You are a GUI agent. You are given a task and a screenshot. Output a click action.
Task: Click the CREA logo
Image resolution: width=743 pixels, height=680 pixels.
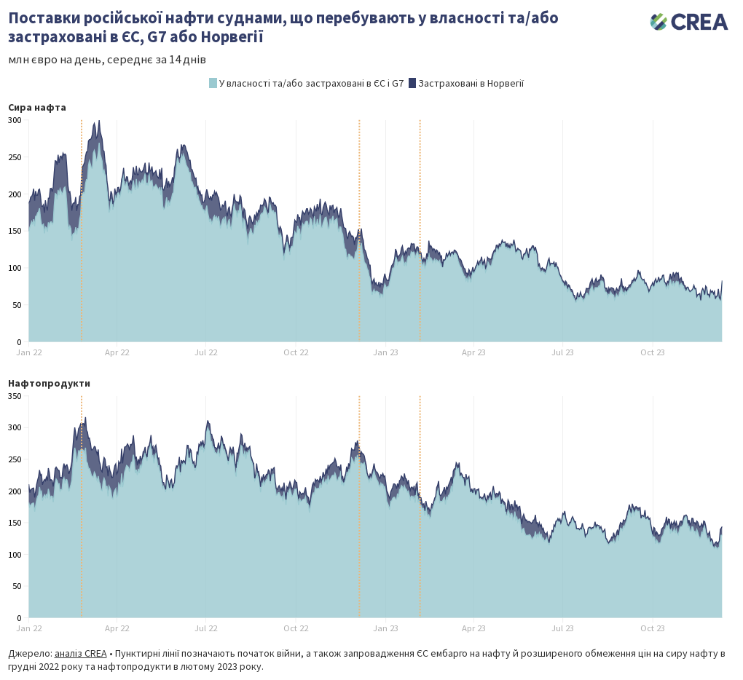tap(688, 22)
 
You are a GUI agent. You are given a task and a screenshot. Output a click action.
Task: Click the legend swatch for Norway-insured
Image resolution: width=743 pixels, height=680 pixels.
tap(412, 83)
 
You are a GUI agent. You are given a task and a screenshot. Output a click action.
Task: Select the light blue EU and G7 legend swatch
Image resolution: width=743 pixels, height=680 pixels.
tap(213, 83)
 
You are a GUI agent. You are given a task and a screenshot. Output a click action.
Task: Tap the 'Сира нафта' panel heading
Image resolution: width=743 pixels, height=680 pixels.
tap(37, 107)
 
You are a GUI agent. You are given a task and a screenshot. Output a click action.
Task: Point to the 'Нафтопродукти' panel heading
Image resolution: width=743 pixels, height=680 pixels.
tap(49, 382)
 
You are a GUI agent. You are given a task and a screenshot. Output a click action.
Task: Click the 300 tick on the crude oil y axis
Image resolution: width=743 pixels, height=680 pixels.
tap(15, 120)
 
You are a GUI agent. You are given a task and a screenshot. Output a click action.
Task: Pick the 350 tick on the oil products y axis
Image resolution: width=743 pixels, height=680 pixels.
tap(15, 396)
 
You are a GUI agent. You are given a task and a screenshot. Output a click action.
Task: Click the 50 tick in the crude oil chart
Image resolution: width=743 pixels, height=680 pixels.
tap(17, 305)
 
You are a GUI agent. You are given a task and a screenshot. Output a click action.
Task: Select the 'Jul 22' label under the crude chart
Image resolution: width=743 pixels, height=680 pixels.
tap(206, 352)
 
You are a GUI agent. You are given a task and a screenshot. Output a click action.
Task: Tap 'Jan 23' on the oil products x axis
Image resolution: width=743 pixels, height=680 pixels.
tap(385, 628)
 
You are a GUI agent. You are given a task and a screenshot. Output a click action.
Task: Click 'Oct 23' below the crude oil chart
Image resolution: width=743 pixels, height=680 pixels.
tap(653, 352)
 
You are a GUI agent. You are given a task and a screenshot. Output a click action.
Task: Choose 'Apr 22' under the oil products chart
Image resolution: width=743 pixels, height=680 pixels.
tap(117, 628)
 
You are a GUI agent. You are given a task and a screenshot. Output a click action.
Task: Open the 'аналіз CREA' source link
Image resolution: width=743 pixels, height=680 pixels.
tap(80, 653)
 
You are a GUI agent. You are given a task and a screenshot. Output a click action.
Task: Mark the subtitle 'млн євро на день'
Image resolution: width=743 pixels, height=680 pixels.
tap(55, 60)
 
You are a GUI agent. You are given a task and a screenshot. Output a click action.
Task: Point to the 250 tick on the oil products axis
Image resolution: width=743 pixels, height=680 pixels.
tap(15, 459)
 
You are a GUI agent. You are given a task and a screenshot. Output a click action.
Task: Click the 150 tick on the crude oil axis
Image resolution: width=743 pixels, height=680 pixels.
tap(15, 231)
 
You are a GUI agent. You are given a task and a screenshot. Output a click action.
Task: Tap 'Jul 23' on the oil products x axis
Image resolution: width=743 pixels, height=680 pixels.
tap(562, 628)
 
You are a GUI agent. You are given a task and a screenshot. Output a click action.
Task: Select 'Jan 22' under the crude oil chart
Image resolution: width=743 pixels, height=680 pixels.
tap(29, 352)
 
